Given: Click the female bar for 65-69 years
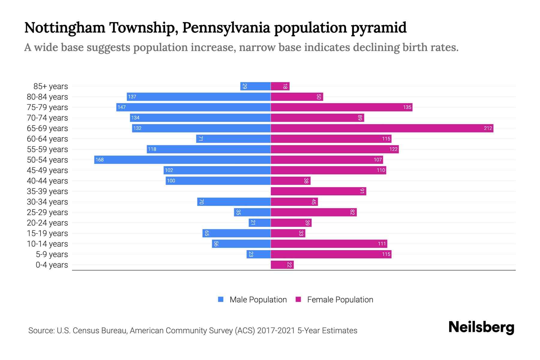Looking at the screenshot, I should pyautogui.click(x=382, y=128).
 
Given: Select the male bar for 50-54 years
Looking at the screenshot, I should pyautogui.click(x=182, y=160).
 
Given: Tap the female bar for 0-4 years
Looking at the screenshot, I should pyautogui.click(x=282, y=265).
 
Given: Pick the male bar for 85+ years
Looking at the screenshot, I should pyautogui.click(x=255, y=86).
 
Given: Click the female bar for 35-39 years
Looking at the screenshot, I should pyautogui.click(x=318, y=191).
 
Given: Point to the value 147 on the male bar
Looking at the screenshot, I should pyautogui.click(x=121, y=107).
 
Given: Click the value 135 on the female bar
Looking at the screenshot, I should pyautogui.click(x=407, y=107).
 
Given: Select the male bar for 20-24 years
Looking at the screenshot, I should pyautogui.click(x=259, y=223).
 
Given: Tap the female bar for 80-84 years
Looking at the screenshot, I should pyautogui.click(x=297, y=97).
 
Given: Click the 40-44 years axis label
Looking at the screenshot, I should pyautogui.click(x=47, y=181).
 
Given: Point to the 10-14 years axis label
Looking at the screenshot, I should pyautogui.click(x=47, y=244).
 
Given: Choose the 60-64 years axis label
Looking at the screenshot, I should pyautogui.click(x=47, y=139).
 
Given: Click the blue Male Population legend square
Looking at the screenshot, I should pyautogui.click(x=221, y=299).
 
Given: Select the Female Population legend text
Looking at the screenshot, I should pyautogui.click(x=340, y=300).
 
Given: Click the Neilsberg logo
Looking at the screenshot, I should pyautogui.click(x=481, y=327).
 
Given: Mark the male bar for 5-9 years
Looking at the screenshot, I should pyautogui.click(x=259, y=254).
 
